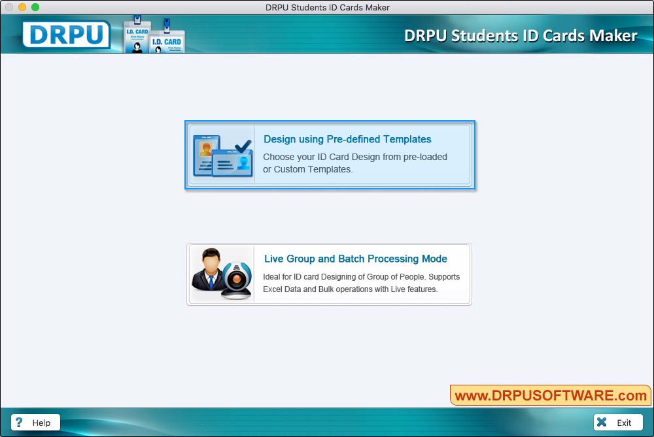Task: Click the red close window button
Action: pos(9,7)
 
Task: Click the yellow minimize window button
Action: pos(22,7)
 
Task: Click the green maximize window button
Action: pos(35,7)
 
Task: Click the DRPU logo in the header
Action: pos(66,35)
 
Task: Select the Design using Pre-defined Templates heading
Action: pos(347,139)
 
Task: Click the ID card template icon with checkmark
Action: pos(222,155)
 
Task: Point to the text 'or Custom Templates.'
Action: pos(307,170)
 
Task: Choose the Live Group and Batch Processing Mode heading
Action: pos(355,259)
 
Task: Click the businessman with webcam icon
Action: pos(221,274)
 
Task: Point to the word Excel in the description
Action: pos(273,289)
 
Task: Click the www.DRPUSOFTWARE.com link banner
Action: pos(550,395)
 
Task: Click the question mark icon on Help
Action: pos(20,423)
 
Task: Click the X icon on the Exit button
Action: pos(602,423)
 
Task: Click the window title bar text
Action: pos(327,7)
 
